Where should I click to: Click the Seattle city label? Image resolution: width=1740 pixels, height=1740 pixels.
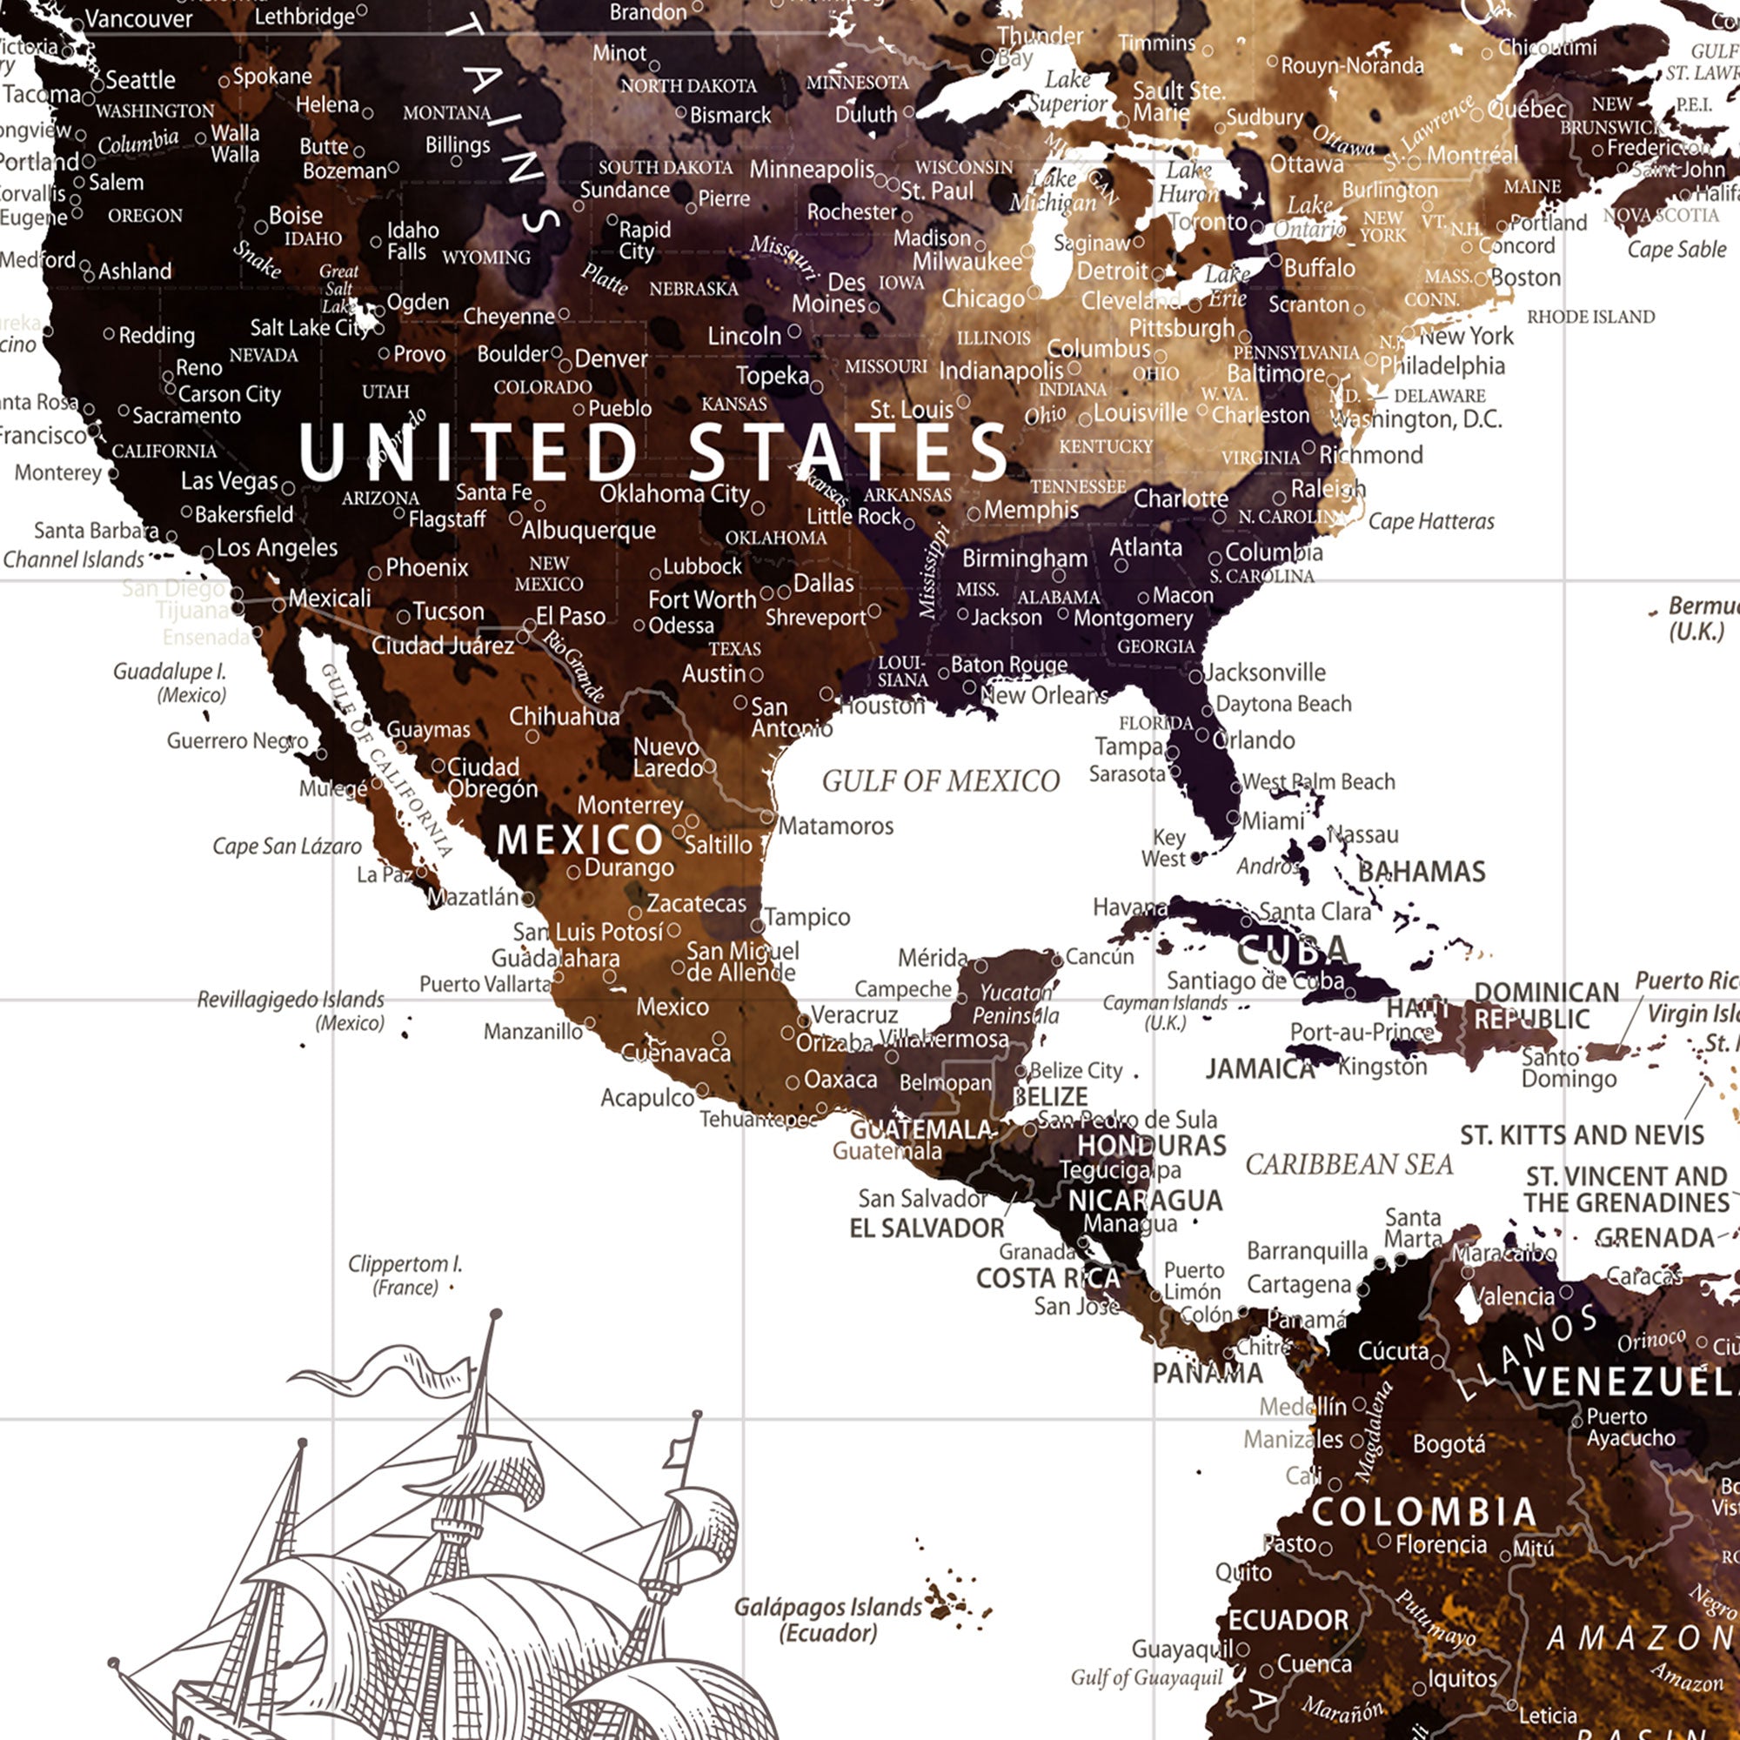point(139,80)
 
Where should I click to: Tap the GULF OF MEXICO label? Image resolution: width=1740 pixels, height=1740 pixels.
point(940,781)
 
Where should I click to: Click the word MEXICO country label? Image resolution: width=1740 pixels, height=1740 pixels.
point(580,840)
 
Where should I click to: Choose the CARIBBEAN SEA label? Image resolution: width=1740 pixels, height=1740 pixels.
point(1348,1165)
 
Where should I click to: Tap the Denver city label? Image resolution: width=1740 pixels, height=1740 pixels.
point(611,358)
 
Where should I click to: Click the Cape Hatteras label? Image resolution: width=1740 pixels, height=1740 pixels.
point(1431,521)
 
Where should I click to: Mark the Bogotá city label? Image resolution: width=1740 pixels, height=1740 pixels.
point(1449,1443)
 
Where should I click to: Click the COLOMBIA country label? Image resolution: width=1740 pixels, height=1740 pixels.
point(1423,1513)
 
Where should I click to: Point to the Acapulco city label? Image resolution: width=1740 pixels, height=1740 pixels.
point(646,1097)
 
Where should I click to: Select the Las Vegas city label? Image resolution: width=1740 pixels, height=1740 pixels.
point(229,481)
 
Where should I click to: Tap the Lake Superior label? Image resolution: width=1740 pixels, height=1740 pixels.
point(1067,92)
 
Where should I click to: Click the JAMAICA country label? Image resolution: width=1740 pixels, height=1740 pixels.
point(1260,1069)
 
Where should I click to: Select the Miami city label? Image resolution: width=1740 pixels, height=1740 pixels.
point(1272,820)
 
